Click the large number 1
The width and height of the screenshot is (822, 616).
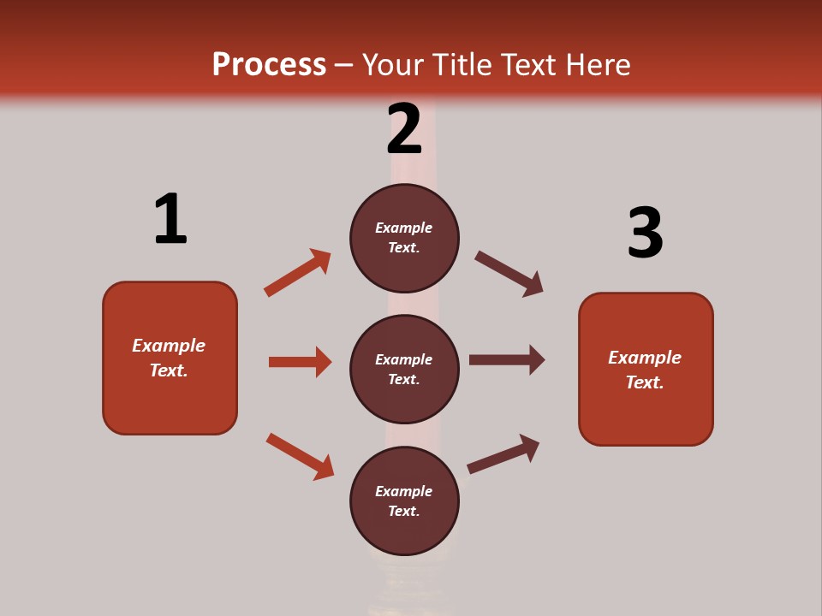170,219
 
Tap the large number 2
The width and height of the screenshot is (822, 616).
404,128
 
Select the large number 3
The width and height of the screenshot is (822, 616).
645,233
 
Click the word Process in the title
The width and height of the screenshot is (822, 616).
269,64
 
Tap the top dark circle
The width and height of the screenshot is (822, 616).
404,238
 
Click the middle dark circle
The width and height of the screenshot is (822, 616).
404,369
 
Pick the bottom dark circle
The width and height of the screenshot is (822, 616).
404,500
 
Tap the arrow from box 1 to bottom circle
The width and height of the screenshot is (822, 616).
300,456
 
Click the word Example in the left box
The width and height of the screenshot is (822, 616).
169,346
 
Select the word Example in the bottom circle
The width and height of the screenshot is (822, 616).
404,491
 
